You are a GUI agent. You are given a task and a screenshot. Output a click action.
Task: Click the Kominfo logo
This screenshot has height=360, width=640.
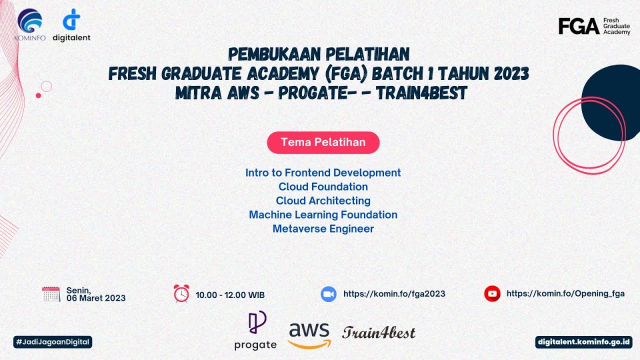(x=30, y=25)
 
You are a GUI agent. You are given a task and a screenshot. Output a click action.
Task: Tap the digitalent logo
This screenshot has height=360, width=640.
(x=71, y=25)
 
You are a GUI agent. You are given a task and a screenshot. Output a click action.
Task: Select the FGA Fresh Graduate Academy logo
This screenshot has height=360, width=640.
(x=594, y=26)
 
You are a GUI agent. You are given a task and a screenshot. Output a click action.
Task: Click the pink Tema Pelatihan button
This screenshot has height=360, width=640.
(x=323, y=142)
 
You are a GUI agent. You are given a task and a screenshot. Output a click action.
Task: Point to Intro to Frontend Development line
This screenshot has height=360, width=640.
(x=323, y=173)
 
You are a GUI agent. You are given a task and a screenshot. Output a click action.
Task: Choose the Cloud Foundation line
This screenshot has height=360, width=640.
(x=323, y=187)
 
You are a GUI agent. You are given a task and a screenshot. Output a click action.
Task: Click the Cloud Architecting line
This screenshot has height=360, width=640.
(x=323, y=201)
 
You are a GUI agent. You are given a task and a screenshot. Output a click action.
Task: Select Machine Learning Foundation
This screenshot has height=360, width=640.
(x=323, y=215)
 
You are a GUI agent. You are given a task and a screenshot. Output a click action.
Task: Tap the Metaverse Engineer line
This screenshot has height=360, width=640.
(x=323, y=229)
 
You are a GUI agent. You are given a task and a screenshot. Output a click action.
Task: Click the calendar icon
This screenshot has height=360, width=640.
(x=51, y=294)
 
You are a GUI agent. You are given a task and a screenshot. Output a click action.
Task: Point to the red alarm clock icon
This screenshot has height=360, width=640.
(x=181, y=293)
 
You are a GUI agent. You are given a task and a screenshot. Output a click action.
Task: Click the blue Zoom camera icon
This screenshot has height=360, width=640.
(x=328, y=294)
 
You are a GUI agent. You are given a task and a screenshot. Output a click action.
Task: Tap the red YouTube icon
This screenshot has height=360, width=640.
(x=492, y=293)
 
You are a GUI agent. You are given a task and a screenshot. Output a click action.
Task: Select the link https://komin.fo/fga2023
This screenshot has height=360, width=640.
(x=394, y=294)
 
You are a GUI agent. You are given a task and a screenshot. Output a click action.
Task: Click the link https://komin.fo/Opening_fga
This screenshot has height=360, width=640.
(x=565, y=293)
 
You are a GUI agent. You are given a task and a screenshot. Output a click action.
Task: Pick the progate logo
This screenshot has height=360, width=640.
(x=255, y=330)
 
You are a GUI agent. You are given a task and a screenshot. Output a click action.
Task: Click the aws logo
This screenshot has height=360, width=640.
(x=309, y=334)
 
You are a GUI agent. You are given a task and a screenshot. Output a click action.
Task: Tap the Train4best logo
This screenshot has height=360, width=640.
(x=379, y=332)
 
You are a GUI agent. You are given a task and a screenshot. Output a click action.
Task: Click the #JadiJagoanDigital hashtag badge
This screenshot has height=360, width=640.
(x=53, y=342)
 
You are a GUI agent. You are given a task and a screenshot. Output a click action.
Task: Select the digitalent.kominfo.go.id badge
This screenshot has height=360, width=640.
(x=583, y=342)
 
